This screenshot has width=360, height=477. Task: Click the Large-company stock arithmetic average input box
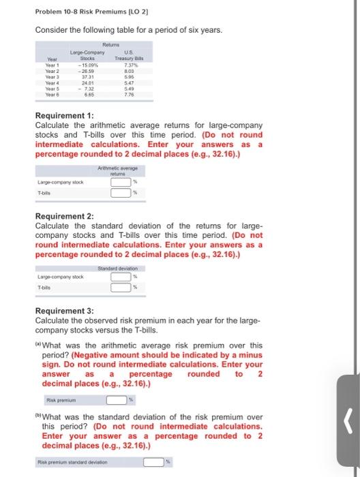121,182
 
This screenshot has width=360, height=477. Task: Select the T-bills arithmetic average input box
121,193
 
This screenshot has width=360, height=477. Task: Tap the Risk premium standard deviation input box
153,462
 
